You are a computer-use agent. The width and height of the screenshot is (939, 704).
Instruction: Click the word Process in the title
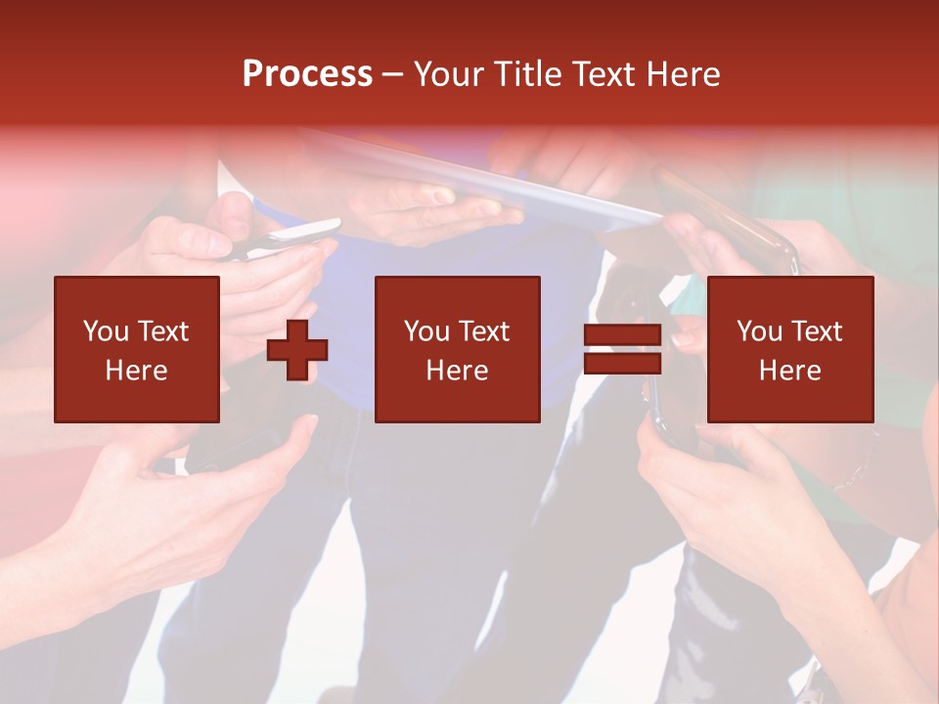[x=307, y=74]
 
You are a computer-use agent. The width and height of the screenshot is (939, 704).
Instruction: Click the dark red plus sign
[x=297, y=350]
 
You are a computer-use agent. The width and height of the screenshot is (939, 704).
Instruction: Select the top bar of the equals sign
[x=622, y=335]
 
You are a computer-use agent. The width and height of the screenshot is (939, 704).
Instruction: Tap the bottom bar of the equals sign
[x=622, y=364]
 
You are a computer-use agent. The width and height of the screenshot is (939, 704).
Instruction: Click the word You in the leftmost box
[x=105, y=331]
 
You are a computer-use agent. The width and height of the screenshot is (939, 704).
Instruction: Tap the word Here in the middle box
[x=458, y=371]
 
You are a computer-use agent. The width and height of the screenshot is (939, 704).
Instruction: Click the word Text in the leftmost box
[x=162, y=331]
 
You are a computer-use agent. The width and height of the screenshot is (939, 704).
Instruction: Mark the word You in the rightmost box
[x=759, y=331]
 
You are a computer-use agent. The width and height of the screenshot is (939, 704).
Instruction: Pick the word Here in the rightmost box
[x=790, y=371]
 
